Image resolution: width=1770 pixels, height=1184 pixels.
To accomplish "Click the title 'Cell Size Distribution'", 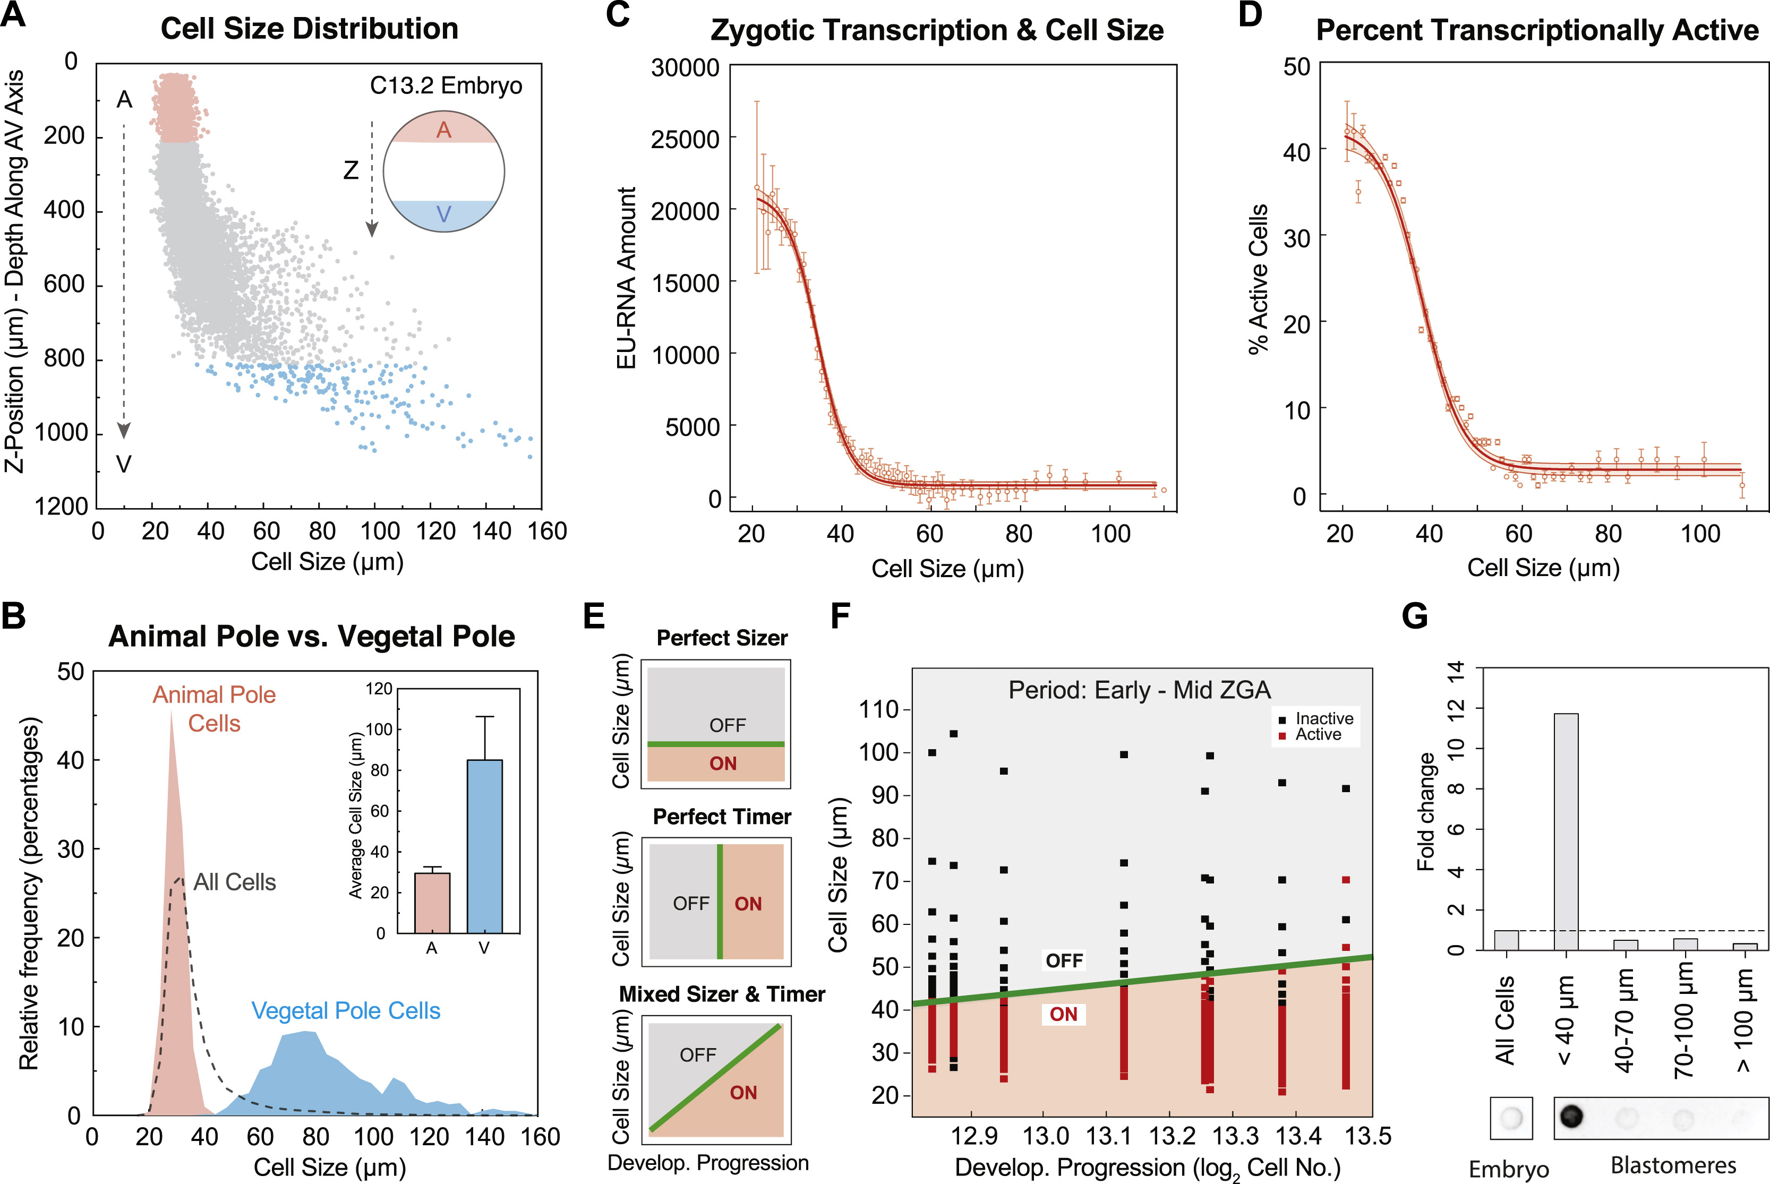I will point(309,29).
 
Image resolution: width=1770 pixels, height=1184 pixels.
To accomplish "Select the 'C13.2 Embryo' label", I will point(446,85).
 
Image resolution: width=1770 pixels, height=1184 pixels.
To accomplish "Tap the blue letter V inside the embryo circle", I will point(443,215).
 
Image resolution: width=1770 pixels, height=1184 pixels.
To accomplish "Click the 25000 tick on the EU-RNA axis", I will point(685,139).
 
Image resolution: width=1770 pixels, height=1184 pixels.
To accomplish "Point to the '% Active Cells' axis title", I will point(1258,279).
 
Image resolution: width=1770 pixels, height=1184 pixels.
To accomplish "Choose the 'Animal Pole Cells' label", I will point(215,708).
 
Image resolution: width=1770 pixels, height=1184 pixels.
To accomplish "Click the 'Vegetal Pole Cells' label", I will point(345,1010).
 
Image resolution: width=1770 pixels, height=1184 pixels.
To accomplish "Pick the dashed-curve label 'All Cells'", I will point(234,882).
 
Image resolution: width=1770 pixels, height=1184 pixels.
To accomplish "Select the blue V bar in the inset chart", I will point(485,846).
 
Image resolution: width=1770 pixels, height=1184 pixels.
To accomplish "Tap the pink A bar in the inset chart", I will point(433,903).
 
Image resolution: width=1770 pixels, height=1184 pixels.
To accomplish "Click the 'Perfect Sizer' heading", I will point(722,638).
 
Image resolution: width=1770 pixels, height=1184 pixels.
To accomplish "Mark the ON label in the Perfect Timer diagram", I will point(748,904).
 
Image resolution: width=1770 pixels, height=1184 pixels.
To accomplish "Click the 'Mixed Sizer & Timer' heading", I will point(722,994).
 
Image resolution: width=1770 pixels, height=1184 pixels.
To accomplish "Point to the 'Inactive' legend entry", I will point(1324,718).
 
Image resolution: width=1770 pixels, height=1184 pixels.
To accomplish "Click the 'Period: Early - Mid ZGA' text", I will point(1140,689).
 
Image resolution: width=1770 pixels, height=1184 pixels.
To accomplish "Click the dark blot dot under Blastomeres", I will point(1571,1116).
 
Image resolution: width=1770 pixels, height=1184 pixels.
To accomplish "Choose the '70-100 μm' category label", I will point(1684,1019).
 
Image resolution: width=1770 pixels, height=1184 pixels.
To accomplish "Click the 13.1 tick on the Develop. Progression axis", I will point(1107,1136).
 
